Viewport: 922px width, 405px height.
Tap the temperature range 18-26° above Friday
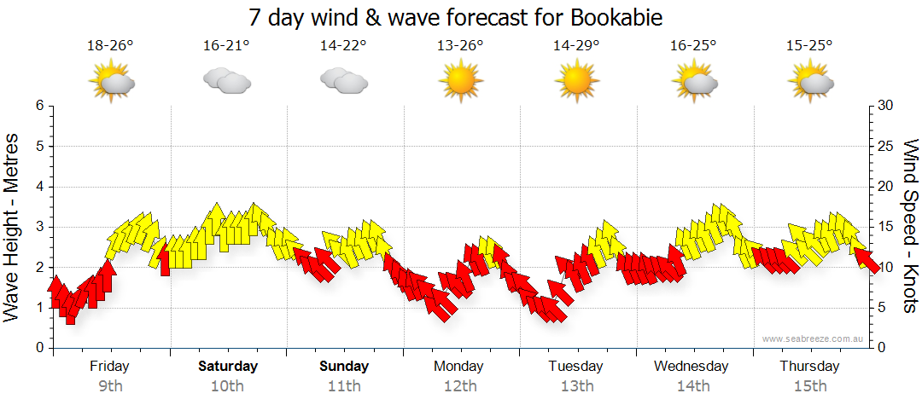tap(110, 46)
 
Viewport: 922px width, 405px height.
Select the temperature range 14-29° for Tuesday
tap(576, 46)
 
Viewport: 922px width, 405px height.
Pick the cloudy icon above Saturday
tap(226, 81)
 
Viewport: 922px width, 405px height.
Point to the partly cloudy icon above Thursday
tap(810, 82)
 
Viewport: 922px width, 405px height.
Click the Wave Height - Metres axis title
tap(13, 227)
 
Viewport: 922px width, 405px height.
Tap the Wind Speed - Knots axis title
tap(910, 227)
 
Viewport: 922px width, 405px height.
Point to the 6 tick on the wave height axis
tap(39, 106)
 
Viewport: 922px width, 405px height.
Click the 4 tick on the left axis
tap(39, 187)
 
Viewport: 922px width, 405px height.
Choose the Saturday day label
tap(228, 367)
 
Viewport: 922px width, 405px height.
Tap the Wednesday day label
tap(691, 367)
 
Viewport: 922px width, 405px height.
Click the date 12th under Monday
tap(460, 386)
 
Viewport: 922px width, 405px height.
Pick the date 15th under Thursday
tap(809, 386)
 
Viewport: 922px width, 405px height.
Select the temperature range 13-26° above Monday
tap(460, 46)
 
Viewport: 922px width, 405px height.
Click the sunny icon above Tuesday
tap(576, 82)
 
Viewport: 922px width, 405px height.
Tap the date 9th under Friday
tap(110, 386)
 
